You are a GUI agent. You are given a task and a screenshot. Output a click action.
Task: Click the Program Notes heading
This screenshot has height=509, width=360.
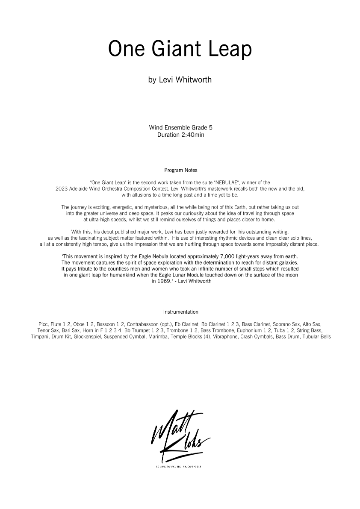(180, 170)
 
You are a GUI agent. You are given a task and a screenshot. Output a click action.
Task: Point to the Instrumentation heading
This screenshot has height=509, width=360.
(180, 312)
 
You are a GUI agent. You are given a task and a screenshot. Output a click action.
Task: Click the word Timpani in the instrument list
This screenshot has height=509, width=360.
(40, 336)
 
